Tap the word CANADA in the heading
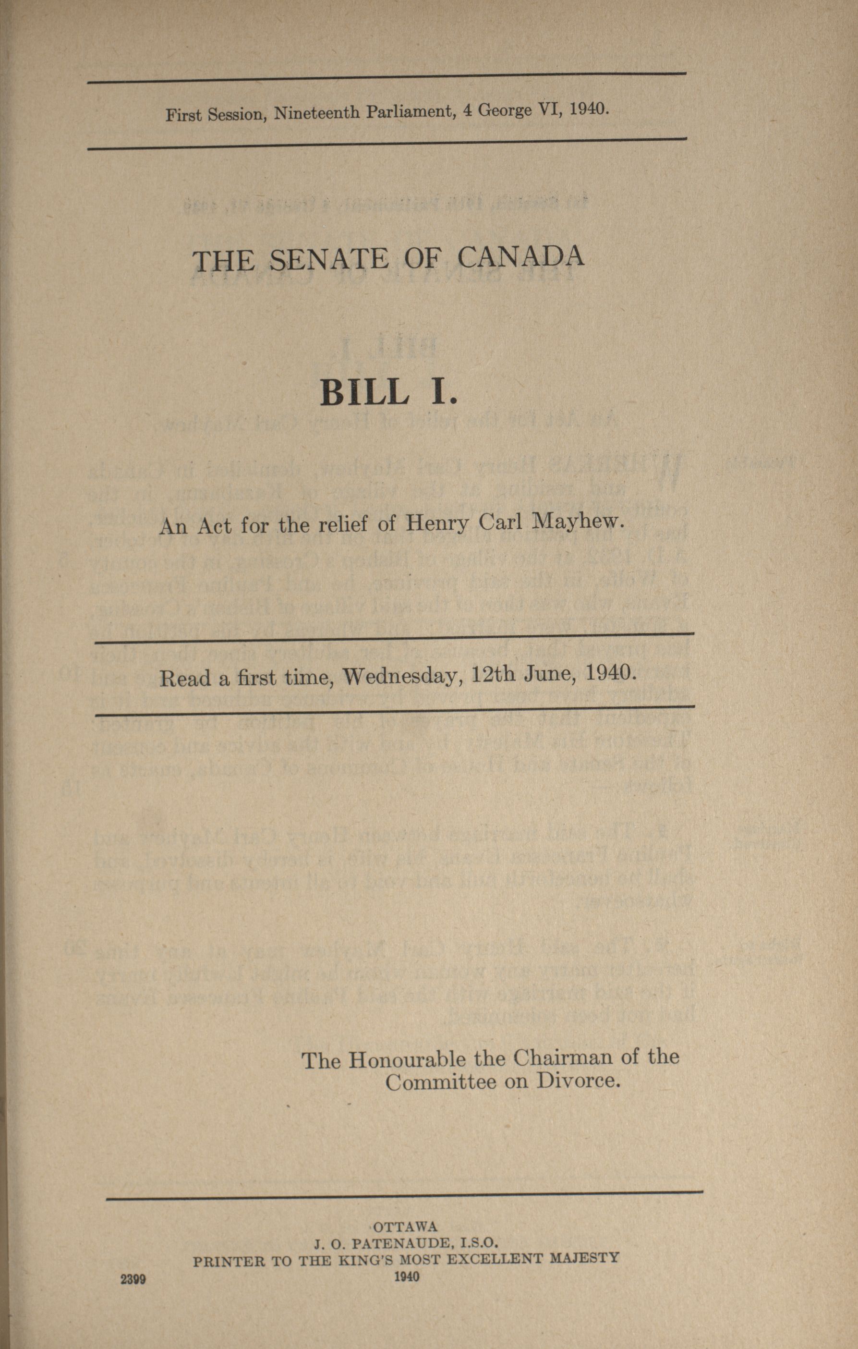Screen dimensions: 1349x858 [521, 256]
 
